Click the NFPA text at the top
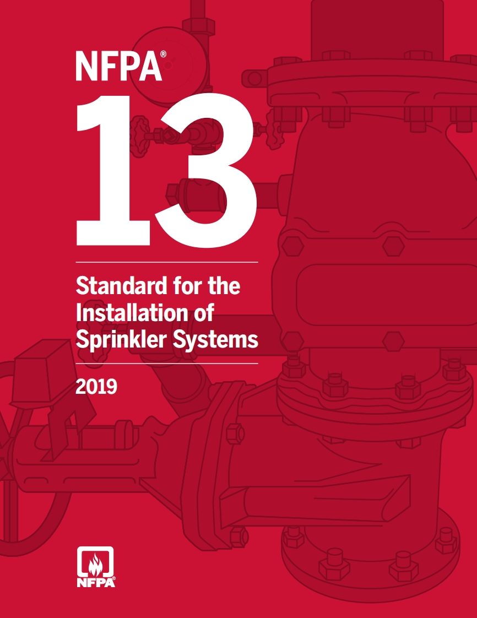coord(117,66)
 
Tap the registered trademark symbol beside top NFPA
coord(164,55)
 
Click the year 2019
coord(96,387)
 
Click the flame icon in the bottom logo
coord(95,563)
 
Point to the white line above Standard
coord(166,263)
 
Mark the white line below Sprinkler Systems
coord(166,364)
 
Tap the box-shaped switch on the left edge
coord(39,366)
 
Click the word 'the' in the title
coord(223,288)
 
